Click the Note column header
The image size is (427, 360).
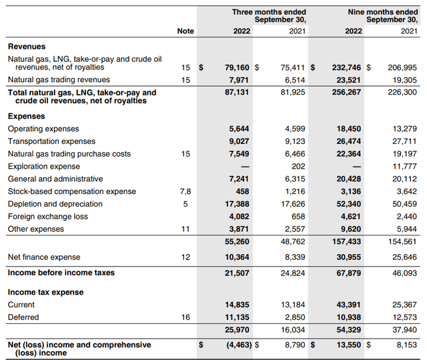[x=185, y=31]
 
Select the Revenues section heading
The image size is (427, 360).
[x=27, y=47]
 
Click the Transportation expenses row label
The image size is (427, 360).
[x=51, y=141]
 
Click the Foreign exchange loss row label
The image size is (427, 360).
[x=44, y=217]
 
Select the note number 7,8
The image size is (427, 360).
[x=185, y=191]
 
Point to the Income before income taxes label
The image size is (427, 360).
[x=61, y=273]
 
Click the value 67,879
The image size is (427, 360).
[x=348, y=273]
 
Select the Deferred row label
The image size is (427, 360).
[x=23, y=317]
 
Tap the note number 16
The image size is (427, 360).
[x=185, y=317]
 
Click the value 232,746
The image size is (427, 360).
[x=345, y=67]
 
